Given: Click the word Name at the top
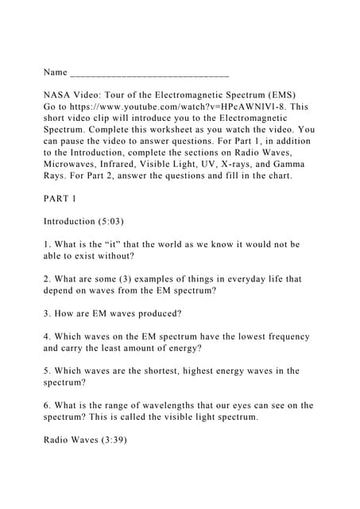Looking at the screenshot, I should [x=55, y=72].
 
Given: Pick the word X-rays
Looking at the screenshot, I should [x=224, y=163].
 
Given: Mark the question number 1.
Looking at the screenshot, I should [x=46, y=244].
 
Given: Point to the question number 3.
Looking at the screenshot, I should [x=46, y=314].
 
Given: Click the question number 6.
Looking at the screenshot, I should [x=46, y=406].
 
